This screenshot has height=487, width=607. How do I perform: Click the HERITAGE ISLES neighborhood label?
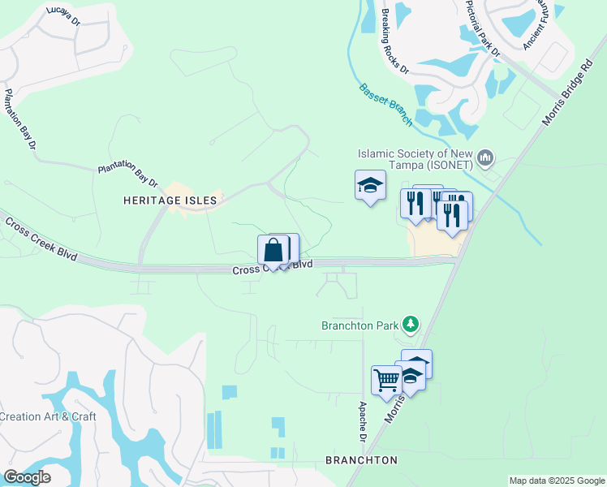tap(170, 200)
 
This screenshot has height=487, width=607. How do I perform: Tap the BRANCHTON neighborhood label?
tap(361, 460)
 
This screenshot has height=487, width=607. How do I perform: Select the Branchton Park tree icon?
tap(411, 325)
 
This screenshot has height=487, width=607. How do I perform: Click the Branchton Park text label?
tap(359, 325)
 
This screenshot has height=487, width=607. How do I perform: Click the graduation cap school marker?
tap(370, 185)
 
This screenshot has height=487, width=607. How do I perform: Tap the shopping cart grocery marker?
tap(386, 378)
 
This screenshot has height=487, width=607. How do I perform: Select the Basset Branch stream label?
tap(385, 103)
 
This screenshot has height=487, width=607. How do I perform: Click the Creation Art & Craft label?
tap(48, 416)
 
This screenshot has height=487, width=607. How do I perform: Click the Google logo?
tap(27, 477)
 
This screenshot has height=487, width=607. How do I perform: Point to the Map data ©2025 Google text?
tap(557, 481)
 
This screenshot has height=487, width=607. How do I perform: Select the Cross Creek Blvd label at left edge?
tap(41, 239)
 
